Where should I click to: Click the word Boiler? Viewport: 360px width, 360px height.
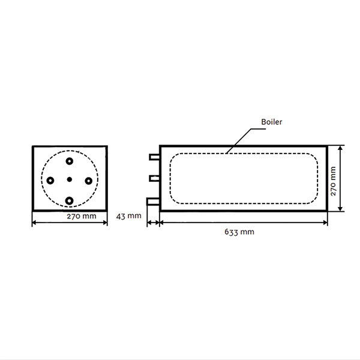pos(271,122)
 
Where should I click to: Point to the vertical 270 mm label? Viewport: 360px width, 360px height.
pos(334,178)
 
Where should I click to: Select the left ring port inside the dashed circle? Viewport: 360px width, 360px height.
pos(51,179)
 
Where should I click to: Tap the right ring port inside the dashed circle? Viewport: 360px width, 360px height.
pos(88,179)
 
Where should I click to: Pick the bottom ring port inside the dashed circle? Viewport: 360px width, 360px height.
pos(70,200)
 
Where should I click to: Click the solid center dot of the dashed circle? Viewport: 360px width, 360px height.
pos(70,179)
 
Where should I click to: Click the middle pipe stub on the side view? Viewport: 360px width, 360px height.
pos(154,178)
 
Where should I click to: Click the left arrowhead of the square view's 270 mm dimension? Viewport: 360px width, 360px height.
pos(34,222)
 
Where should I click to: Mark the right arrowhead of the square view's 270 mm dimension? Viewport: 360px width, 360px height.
pos(105,222)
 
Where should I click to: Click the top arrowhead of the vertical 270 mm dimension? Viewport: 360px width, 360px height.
pos(341,148)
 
